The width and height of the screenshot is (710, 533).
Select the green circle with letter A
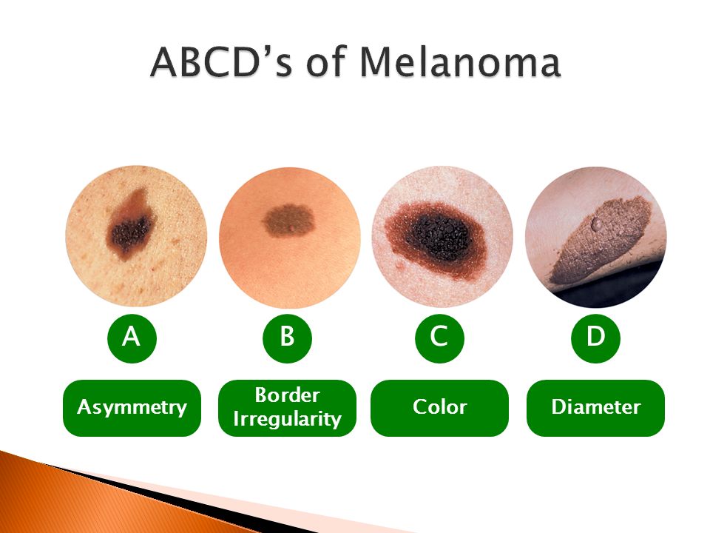(x=132, y=338)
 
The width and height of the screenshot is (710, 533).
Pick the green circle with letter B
(x=287, y=338)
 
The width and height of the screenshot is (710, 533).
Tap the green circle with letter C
(x=439, y=338)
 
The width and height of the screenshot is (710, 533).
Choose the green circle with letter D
(x=595, y=338)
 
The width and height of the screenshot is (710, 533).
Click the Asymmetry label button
(x=132, y=408)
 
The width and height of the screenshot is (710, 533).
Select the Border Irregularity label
(x=287, y=408)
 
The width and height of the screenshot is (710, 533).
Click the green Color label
(x=439, y=408)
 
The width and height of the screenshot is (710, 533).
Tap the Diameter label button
(x=595, y=408)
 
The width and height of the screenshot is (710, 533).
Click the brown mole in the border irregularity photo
(x=288, y=221)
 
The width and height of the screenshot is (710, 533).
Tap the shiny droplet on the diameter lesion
(x=597, y=223)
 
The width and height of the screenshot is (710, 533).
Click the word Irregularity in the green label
(x=287, y=420)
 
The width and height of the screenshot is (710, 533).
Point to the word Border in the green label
(x=287, y=395)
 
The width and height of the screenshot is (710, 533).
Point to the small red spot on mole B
(x=293, y=227)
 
